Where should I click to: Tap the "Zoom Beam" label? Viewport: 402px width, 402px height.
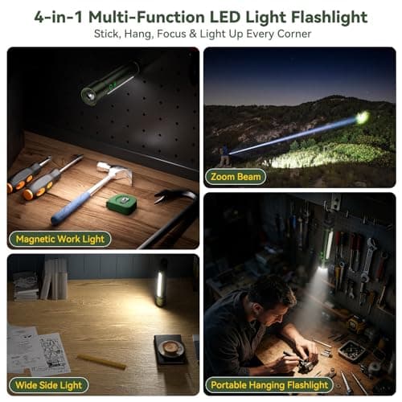click(x=236, y=176)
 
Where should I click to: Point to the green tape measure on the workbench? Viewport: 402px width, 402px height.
click(x=121, y=203)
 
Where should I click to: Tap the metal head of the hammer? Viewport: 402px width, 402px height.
click(x=118, y=172)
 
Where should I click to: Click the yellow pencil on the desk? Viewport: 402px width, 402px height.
click(x=101, y=361)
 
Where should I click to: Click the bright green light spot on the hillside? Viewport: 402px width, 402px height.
click(x=363, y=117)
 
